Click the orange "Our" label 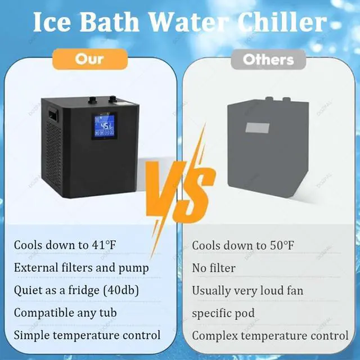(90, 59)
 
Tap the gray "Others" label (268, 60)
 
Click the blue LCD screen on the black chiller (105, 126)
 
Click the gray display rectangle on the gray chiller (258, 128)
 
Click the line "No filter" (214, 268)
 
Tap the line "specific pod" (223, 313)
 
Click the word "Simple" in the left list (31, 336)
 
